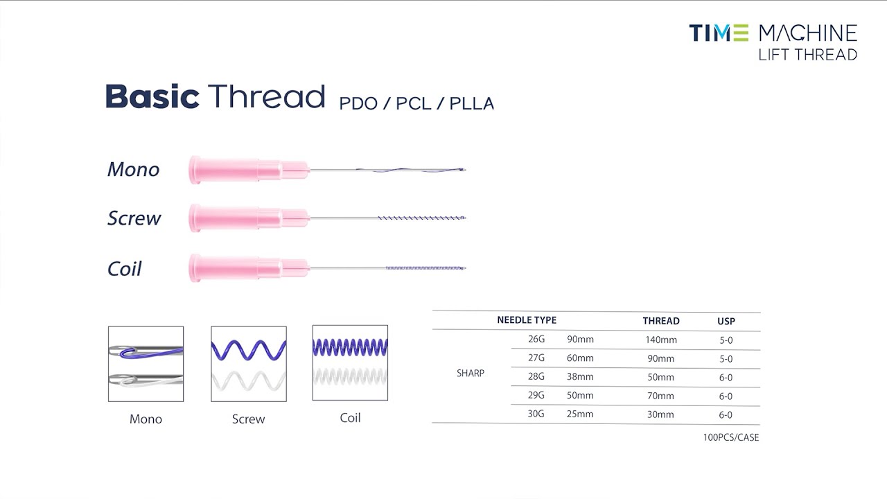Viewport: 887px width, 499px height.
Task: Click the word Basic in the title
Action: (x=152, y=96)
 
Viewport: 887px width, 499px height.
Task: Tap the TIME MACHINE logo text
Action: (x=773, y=33)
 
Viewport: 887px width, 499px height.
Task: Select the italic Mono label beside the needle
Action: (x=133, y=169)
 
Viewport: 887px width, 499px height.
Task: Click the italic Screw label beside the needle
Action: (x=134, y=218)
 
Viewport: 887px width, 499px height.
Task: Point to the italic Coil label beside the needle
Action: (x=124, y=269)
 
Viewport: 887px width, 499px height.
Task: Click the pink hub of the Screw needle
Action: (x=236, y=218)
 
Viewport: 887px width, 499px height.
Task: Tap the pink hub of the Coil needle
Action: (x=236, y=268)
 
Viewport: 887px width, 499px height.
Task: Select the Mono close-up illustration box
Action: (x=146, y=364)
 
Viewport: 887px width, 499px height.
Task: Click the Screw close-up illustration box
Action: (x=248, y=364)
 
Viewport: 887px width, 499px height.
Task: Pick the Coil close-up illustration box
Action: (x=350, y=363)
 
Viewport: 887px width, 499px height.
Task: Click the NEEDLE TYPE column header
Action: (x=527, y=320)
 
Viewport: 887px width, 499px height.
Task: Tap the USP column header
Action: (x=726, y=321)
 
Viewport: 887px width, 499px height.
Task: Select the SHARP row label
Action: (x=471, y=373)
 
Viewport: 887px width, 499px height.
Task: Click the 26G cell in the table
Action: (x=536, y=340)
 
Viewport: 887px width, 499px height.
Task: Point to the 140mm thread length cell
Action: (x=660, y=340)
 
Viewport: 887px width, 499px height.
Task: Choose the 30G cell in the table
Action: (x=536, y=414)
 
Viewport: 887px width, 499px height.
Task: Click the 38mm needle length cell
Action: (x=580, y=377)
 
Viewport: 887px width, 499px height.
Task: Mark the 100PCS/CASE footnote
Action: (x=730, y=437)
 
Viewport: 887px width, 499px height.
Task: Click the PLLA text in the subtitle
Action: (x=471, y=104)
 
